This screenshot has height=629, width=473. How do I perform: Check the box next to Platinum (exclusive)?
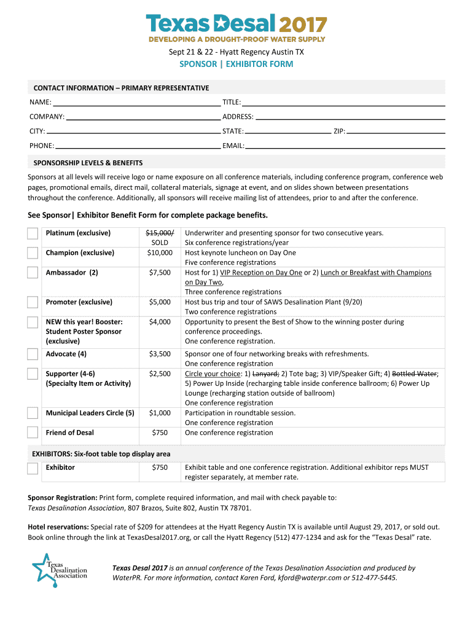click(33, 234)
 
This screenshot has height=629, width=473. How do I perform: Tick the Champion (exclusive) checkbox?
click(33, 253)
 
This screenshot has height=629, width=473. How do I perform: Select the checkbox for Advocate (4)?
click(33, 354)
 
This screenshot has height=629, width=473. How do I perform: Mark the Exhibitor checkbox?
click(33, 469)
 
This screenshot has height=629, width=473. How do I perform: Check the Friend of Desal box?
click(33, 433)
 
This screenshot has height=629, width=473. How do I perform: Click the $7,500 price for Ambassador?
click(160, 273)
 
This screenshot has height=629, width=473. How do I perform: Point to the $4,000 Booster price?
click(160, 322)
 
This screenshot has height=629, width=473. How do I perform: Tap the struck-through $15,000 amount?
click(159, 233)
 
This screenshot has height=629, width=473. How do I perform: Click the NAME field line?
click(136, 102)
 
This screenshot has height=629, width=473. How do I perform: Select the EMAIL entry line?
click(345, 146)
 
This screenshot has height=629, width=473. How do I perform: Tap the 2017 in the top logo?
click(303, 25)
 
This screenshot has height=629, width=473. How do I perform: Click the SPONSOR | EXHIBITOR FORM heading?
click(237, 64)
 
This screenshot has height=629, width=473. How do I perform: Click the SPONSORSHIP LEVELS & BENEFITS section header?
click(88, 163)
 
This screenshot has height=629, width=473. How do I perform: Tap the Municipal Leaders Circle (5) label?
click(90, 413)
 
